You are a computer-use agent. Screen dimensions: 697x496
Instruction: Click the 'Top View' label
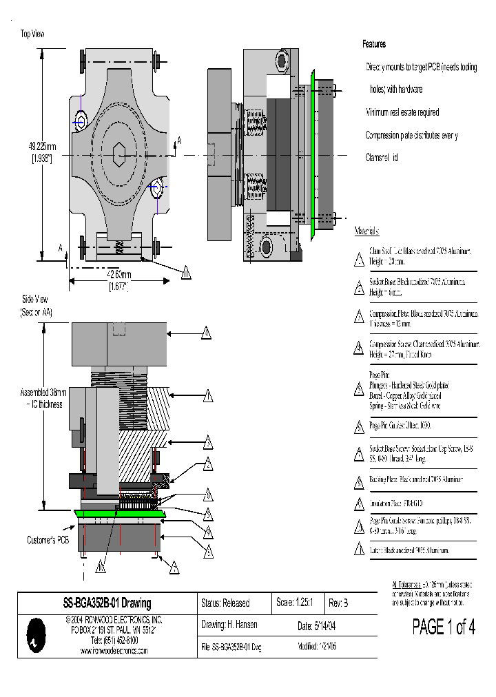click(34, 33)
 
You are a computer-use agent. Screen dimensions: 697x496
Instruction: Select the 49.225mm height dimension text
click(43, 146)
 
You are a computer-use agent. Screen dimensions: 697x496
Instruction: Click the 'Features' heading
click(374, 44)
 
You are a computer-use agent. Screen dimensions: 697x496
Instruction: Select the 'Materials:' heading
click(366, 231)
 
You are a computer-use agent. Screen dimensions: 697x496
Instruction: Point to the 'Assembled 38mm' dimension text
click(43, 393)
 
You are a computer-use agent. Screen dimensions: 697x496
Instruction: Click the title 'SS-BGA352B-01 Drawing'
click(107, 603)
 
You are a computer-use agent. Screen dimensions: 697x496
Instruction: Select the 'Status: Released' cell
click(225, 603)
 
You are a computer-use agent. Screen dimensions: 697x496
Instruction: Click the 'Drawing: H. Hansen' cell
click(229, 625)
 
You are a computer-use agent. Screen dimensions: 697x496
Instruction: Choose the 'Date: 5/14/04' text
click(318, 626)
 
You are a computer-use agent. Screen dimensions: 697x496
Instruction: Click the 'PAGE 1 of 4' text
click(444, 627)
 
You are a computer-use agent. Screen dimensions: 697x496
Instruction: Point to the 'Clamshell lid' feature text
click(382, 158)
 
